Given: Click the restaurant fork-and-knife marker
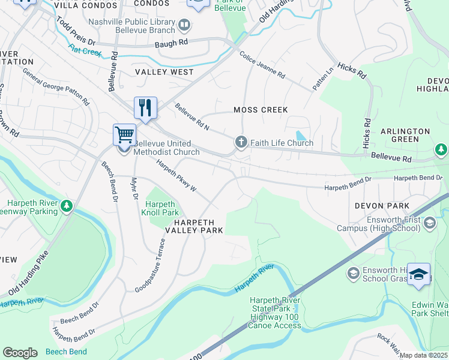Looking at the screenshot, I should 145,109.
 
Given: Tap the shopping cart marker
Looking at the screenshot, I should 124,135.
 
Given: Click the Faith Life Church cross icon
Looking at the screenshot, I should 241,142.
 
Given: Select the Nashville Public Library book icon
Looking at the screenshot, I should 184,25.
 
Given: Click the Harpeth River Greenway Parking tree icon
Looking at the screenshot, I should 66,207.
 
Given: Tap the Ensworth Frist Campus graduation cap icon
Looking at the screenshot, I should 429,223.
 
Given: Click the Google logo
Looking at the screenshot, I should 20,353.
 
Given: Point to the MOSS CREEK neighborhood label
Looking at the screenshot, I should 261,110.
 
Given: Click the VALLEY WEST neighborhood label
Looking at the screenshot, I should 164,72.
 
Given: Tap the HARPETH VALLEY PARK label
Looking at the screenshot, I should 191,226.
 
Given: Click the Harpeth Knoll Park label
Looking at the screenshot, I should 160,208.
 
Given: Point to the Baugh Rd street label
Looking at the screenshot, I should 171,43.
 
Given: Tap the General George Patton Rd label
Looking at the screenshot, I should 56,83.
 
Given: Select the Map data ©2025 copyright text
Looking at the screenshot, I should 423,355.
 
